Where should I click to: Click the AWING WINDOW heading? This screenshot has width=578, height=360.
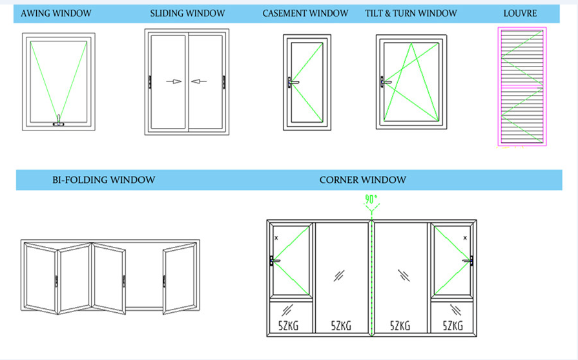click(56, 13)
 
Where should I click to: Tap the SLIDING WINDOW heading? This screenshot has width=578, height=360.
click(187, 13)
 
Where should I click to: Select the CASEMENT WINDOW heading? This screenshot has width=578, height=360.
click(305, 13)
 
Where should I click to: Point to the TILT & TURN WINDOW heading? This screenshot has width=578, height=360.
click(410, 13)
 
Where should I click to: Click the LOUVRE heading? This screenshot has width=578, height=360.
click(520, 13)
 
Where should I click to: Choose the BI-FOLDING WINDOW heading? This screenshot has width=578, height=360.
click(103, 180)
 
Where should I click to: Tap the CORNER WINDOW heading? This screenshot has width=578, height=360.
click(362, 180)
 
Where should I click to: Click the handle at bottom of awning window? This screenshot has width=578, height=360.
click(59, 120)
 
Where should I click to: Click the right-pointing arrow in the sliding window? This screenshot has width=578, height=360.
click(174, 81)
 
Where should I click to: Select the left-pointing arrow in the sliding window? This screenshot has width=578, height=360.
click(199, 81)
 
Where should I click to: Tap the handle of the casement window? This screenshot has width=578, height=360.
click(293, 82)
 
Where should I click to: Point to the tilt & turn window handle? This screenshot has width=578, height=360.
click(386, 81)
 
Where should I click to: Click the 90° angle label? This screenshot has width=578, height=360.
click(371, 200)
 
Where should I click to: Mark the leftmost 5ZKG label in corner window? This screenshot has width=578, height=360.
click(287, 325)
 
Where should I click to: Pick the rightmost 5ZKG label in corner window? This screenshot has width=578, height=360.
click(453, 325)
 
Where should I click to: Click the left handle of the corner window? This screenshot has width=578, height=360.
click(274, 261)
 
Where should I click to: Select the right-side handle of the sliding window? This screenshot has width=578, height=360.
click(224, 81)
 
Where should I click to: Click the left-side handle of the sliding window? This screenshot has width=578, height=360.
click(150, 81)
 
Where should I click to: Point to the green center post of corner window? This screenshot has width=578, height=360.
click(371, 278)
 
